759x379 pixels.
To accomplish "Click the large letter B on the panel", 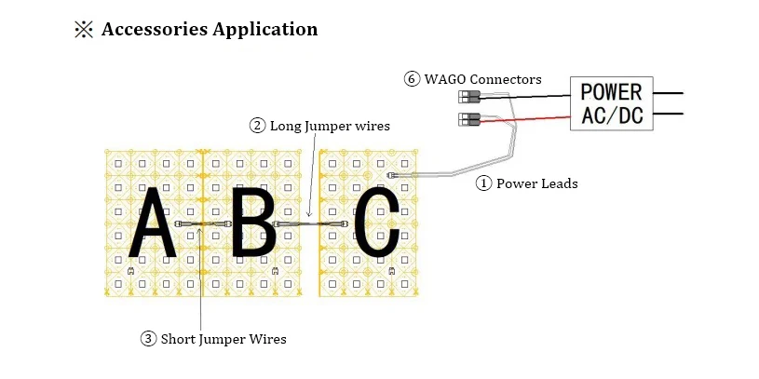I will [252, 223].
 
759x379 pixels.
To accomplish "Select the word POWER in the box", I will [611, 92].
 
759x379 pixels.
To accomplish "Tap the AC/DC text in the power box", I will [611, 116].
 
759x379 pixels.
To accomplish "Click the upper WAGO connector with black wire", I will [468, 97].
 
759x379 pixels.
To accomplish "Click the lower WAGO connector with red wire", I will [468, 119].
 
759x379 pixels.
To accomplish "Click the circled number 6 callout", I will [412, 79].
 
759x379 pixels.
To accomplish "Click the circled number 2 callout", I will [257, 125].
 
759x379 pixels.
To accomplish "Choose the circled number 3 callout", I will [149, 339].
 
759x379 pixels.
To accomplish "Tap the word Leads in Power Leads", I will [559, 183].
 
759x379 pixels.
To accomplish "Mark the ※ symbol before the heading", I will [82, 29].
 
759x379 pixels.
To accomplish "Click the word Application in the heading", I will [265, 30].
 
